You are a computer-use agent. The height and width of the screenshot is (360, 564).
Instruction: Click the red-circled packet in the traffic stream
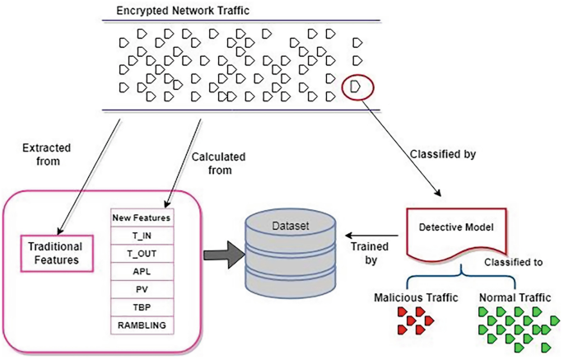pyautogui.click(x=356, y=85)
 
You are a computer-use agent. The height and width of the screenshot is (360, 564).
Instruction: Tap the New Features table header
pyautogui.click(x=142, y=218)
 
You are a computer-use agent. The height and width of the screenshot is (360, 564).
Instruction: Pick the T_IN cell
pyautogui.click(x=142, y=236)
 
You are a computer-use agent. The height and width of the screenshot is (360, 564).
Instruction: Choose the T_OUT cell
pyautogui.click(x=142, y=255)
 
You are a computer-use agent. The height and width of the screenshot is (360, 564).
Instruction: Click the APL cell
pyautogui.click(x=142, y=272)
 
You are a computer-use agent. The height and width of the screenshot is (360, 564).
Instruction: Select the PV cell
pyautogui.click(x=142, y=290)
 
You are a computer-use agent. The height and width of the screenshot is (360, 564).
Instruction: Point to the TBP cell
pyautogui.click(x=142, y=307)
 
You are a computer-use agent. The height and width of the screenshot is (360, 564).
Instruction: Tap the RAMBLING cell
pyautogui.click(x=142, y=325)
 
